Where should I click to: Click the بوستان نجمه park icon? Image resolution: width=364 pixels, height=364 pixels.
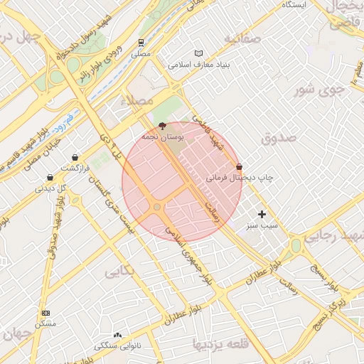point(162,125)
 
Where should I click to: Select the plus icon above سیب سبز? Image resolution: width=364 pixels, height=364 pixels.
point(262,214)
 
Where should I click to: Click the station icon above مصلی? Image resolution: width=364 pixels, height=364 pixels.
point(141,43)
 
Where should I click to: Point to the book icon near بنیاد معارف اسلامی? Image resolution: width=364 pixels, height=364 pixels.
point(198,53)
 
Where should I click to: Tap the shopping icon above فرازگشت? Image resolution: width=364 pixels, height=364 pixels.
point(75,158)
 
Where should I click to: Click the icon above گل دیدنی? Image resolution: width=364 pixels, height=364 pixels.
point(50,178)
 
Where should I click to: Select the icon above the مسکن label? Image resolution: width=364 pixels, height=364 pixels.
point(46,313)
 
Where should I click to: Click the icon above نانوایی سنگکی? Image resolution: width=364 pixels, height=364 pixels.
point(117,335)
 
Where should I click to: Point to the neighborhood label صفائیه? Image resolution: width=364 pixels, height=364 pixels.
point(242,38)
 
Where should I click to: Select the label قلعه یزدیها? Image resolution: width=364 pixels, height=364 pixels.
point(221,345)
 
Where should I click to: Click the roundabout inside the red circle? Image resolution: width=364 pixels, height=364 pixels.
point(157,207)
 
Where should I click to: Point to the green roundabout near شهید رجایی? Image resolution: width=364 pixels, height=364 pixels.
point(295,245)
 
